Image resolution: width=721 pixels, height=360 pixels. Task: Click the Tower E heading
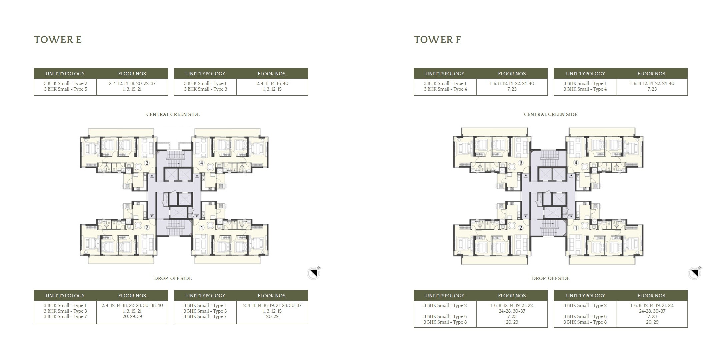pyautogui.click(x=58, y=40)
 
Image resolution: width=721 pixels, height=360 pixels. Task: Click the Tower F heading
pyautogui.click(x=437, y=40)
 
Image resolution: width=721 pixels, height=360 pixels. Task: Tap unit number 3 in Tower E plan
pyautogui.click(x=147, y=163)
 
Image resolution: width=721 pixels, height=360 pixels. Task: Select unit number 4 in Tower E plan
pyautogui.click(x=202, y=163)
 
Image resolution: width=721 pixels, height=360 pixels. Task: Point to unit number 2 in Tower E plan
pyautogui.click(x=147, y=228)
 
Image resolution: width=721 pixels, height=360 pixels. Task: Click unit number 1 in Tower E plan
pyautogui.click(x=202, y=228)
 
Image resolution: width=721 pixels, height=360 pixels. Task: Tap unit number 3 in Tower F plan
pyautogui.click(x=521, y=163)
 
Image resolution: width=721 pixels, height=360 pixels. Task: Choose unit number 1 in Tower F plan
pyautogui.click(x=576, y=228)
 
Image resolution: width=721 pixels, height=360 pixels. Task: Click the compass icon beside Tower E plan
pyautogui.click(x=313, y=273)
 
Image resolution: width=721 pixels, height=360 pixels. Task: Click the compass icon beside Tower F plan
pyautogui.click(x=695, y=273)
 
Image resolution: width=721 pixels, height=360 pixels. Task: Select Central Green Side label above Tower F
pyautogui.click(x=550, y=114)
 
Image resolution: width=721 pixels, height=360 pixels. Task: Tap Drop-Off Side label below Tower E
pyautogui.click(x=173, y=278)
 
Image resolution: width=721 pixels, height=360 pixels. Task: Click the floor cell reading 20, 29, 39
pyautogui.click(x=132, y=316)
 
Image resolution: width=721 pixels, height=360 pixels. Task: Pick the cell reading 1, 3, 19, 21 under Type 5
pyautogui.click(x=132, y=89)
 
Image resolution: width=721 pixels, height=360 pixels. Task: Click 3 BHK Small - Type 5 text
pyautogui.click(x=65, y=89)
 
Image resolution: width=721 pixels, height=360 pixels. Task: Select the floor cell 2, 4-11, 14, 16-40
pyautogui.click(x=272, y=83)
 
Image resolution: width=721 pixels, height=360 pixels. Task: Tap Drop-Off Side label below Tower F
pyautogui.click(x=550, y=278)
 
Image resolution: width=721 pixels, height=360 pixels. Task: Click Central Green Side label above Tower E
pyautogui.click(x=173, y=114)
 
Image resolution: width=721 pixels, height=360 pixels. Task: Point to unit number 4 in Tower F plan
pyautogui.click(x=576, y=163)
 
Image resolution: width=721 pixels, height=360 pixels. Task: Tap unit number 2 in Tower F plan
pyautogui.click(x=521, y=228)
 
